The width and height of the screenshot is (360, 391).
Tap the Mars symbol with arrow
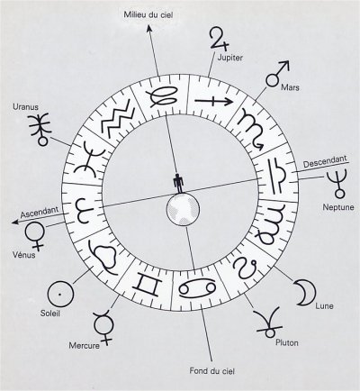click(277, 74)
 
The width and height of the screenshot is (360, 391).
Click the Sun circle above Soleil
click(60, 295)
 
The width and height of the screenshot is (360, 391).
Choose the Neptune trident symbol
click(339, 183)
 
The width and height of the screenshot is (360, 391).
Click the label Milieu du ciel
click(148, 14)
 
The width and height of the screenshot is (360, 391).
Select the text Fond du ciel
click(211, 371)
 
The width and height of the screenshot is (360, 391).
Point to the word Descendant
click(325, 161)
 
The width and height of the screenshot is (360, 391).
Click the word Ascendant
click(40, 213)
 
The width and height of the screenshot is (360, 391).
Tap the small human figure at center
click(178, 183)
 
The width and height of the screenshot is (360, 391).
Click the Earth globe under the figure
click(183, 208)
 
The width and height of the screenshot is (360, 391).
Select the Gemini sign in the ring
click(147, 286)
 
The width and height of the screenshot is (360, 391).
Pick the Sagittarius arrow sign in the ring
click(213, 101)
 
